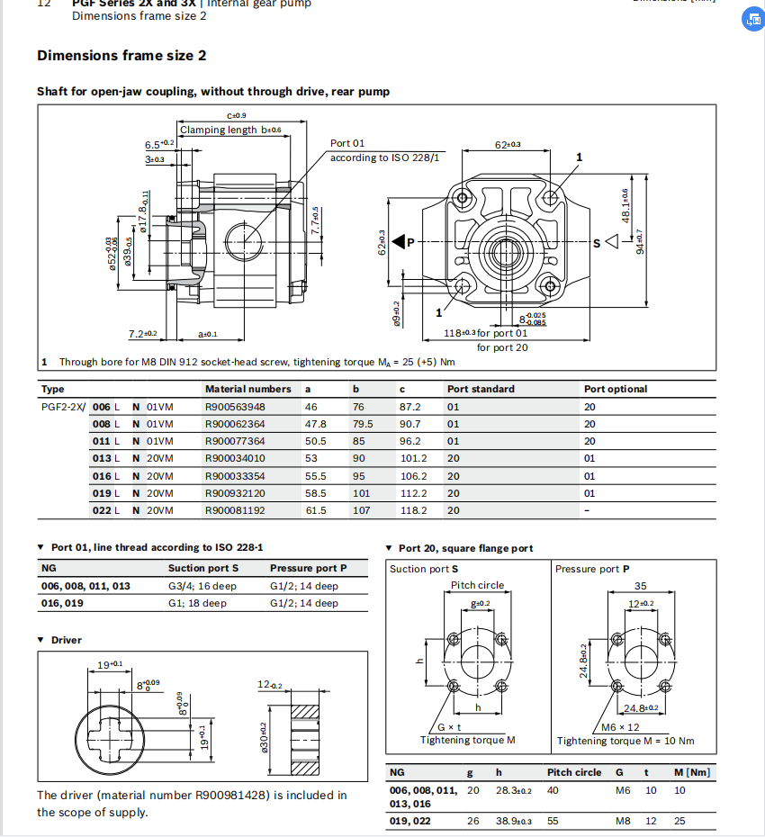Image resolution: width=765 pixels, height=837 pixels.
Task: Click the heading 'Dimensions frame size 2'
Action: click(x=121, y=56)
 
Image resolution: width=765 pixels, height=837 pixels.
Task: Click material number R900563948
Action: click(x=235, y=407)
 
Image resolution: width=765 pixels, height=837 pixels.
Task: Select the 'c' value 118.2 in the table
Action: click(x=413, y=510)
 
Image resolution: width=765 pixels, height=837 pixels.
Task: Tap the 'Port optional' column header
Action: click(x=615, y=389)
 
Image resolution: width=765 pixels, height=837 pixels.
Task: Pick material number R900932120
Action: click(x=235, y=493)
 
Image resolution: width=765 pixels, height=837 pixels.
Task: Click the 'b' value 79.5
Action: click(x=363, y=424)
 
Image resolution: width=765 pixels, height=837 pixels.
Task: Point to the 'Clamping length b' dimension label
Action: click(x=230, y=130)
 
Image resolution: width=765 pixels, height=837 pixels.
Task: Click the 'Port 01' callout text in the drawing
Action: click(x=347, y=143)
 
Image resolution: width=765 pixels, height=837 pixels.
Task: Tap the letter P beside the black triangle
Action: click(x=411, y=242)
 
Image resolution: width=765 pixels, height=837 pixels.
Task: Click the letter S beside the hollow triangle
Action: click(x=596, y=242)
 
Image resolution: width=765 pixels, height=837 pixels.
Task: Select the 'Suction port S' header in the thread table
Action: click(x=202, y=568)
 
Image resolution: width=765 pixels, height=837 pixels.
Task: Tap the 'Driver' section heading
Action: click(x=66, y=640)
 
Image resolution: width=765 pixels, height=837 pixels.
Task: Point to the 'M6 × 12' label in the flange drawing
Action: click(x=620, y=726)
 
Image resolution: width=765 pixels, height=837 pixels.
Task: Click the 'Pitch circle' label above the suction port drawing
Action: click(x=477, y=585)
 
